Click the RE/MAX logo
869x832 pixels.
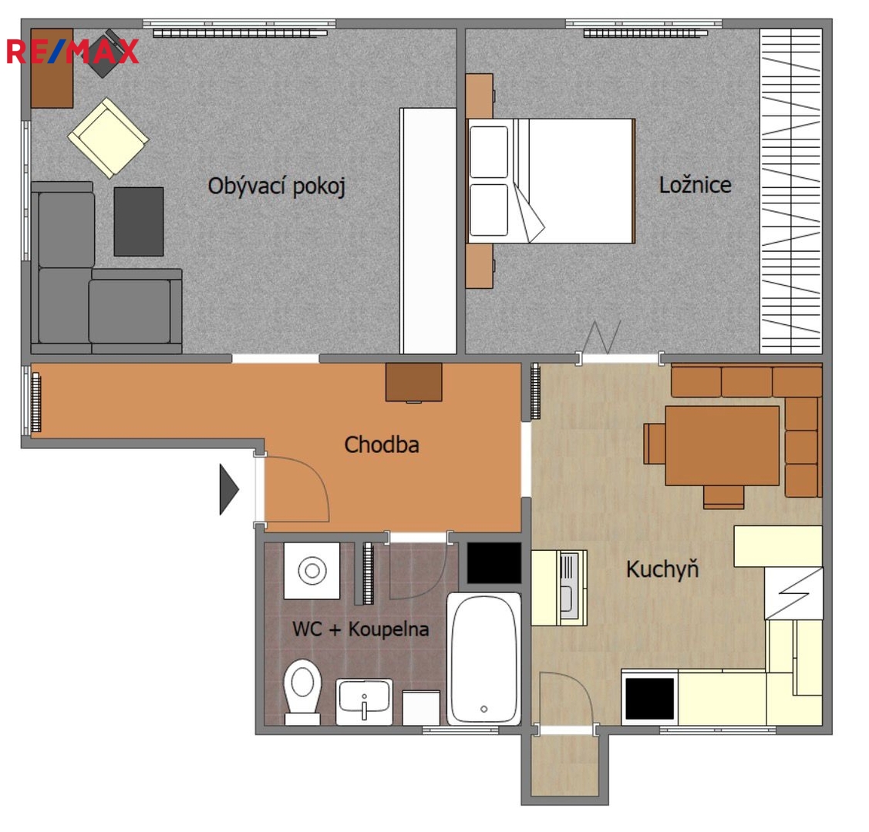click(x=72, y=52)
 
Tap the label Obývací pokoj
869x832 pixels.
click(x=277, y=186)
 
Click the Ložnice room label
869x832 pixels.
click(x=695, y=185)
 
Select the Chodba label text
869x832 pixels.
click(x=381, y=445)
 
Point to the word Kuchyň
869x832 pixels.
click(x=662, y=569)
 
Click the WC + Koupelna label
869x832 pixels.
click(x=360, y=629)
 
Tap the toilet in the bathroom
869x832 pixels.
click(x=302, y=692)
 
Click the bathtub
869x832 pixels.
click(x=483, y=659)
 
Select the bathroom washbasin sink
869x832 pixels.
click(x=364, y=702)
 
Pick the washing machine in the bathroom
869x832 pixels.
click(x=312, y=570)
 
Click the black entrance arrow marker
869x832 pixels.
click(x=229, y=489)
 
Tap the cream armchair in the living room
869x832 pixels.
click(x=108, y=138)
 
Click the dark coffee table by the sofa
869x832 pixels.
click(x=139, y=221)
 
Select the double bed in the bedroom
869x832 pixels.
click(x=551, y=181)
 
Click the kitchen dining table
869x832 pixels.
click(x=722, y=445)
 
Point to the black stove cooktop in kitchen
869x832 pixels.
click(x=649, y=697)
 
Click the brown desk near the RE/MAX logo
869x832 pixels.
click(x=52, y=68)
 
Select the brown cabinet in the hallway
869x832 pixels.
click(x=414, y=382)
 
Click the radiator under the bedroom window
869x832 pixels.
click(x=645, y=33)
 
